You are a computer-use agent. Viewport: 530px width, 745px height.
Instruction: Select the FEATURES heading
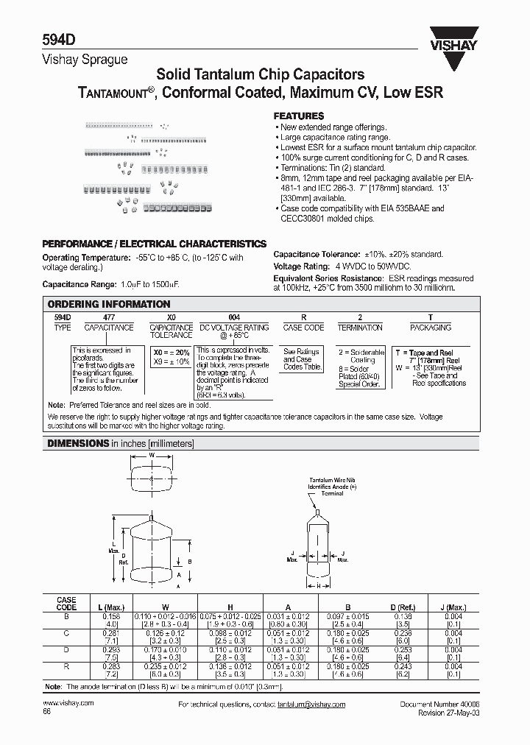pyautogui.click(x=298, y=116)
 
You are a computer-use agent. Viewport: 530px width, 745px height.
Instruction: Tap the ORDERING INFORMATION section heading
pyautogui.click(x=109, y=304)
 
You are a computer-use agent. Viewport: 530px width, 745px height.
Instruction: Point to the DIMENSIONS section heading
pyautogui.click(x=78, y=444)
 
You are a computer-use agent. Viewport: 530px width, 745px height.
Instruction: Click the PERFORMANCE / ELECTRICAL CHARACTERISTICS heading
pyautogui.click(x=154, y=244)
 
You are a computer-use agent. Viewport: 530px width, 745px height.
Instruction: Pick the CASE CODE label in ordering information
pyautogui.click(x=303, y=328)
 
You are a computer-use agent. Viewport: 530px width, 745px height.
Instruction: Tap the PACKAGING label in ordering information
pyautogui.click(x=431, y=328)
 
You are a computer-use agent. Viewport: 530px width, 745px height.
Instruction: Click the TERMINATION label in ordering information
pyautogui.click(x=360, y=328)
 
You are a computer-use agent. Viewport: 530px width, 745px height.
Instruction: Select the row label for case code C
pyautogui.click(x=66, y=632)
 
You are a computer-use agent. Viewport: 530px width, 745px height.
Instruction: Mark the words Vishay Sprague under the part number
pyautogui.click(x=75, y=60)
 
